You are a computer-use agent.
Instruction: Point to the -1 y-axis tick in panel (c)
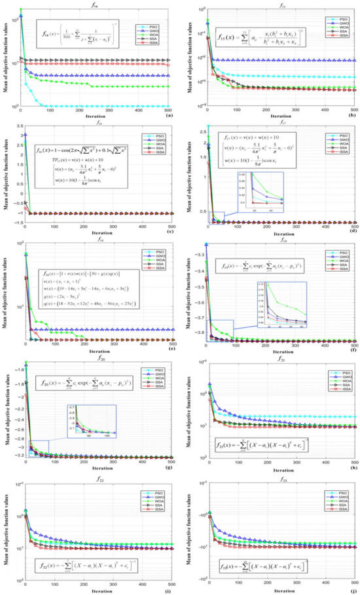[x=16, y=213]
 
